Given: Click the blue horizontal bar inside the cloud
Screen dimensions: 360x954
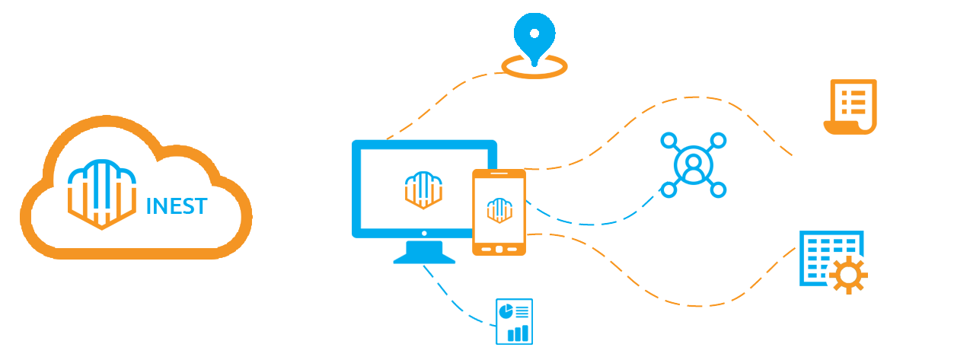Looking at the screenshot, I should (177, 205).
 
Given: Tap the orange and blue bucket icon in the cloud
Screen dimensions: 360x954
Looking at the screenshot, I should (103, 197).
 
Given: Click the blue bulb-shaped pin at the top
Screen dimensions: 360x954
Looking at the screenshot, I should (535, 34).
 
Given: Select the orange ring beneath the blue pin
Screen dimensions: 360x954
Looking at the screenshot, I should (533, 67).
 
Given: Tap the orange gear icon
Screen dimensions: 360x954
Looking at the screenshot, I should (846, 274).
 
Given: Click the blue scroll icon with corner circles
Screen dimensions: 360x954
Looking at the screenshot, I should (693, 164).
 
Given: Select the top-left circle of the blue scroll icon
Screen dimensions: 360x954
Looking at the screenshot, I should (667, 140).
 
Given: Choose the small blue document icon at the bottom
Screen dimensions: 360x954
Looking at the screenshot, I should (514, 320).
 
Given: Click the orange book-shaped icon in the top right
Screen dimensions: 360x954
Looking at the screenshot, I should (850, 107).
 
